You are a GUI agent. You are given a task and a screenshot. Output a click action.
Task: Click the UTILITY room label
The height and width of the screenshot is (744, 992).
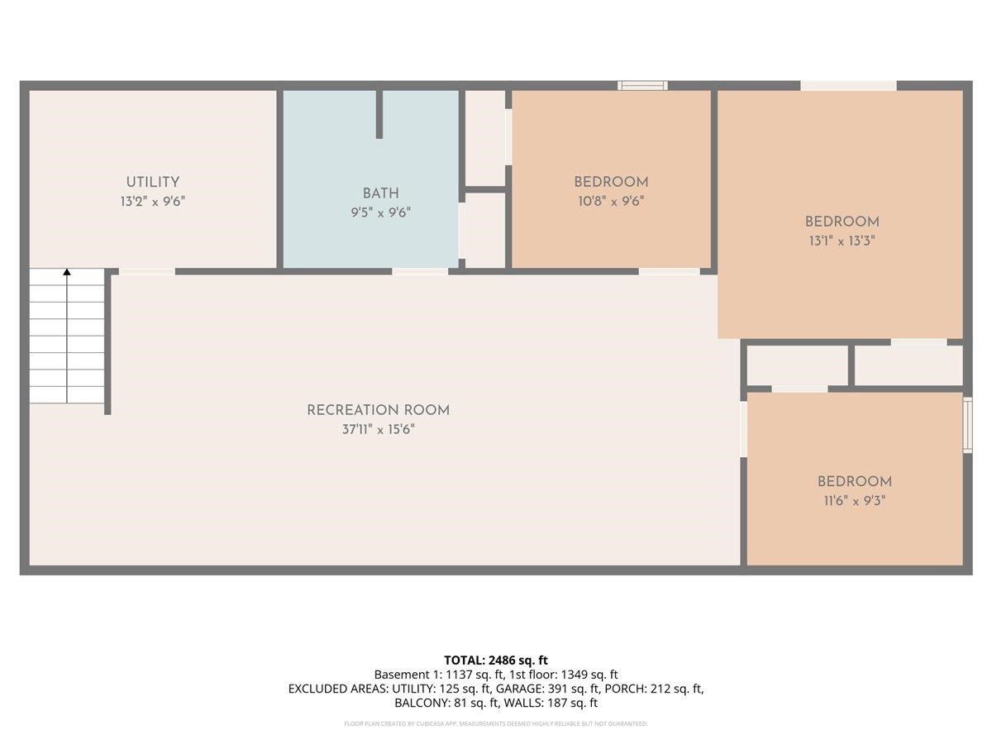pyautogui.click(x=152, y=182)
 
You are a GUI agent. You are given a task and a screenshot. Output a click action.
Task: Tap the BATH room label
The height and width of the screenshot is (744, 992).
pyautogui.click(x=380, y=193)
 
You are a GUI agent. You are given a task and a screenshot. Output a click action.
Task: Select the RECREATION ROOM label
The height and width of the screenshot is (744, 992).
pyautogui.click(x=378, y=410)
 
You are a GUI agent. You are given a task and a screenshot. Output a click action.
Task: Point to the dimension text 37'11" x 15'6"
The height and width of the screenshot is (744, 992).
pyautogui.click(x=378, y=429)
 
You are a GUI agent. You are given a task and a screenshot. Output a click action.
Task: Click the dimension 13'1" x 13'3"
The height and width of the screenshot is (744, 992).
pyautogui.click(x=842, y=241)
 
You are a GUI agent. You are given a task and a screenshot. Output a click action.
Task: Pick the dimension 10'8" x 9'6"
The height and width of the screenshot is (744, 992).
pyautogui.click(x=610, y=201)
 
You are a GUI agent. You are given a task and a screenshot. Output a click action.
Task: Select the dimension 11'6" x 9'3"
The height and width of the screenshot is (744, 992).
pyautogui.click(x=854, y=500)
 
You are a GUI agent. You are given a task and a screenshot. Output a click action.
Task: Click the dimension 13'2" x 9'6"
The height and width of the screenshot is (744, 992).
pyautogui.click(x=152, y=201)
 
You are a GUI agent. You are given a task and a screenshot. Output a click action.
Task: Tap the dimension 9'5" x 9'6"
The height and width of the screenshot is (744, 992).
pyautogui.click(x=380, y=212)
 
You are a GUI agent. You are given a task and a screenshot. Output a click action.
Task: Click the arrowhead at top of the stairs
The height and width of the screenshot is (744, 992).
pyautogui.click(x=67, y=272)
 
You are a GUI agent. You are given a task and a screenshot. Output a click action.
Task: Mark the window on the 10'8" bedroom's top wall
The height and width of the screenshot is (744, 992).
pyautogui.click(x=642, y=85)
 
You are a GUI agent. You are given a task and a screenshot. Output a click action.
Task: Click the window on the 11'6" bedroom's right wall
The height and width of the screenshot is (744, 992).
pyautogui.click(x=968, y=425)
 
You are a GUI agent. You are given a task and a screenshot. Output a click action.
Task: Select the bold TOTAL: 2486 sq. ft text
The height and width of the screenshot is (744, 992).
pyautogui.click(x=496, y=660)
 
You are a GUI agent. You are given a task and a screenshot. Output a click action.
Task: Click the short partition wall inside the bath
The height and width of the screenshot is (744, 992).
pyautogui.click(x=379, y=114)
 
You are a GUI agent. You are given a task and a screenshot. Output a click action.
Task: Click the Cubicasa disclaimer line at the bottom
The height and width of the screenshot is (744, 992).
pyautogui.click(x=496, y=723)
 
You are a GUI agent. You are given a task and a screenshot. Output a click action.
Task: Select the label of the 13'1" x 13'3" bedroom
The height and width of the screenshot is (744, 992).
pyautogui.click(x=842, y=222)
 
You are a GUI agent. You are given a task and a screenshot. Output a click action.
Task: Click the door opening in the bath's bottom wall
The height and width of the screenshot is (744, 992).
pyautogui.click(x=420, y=270)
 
